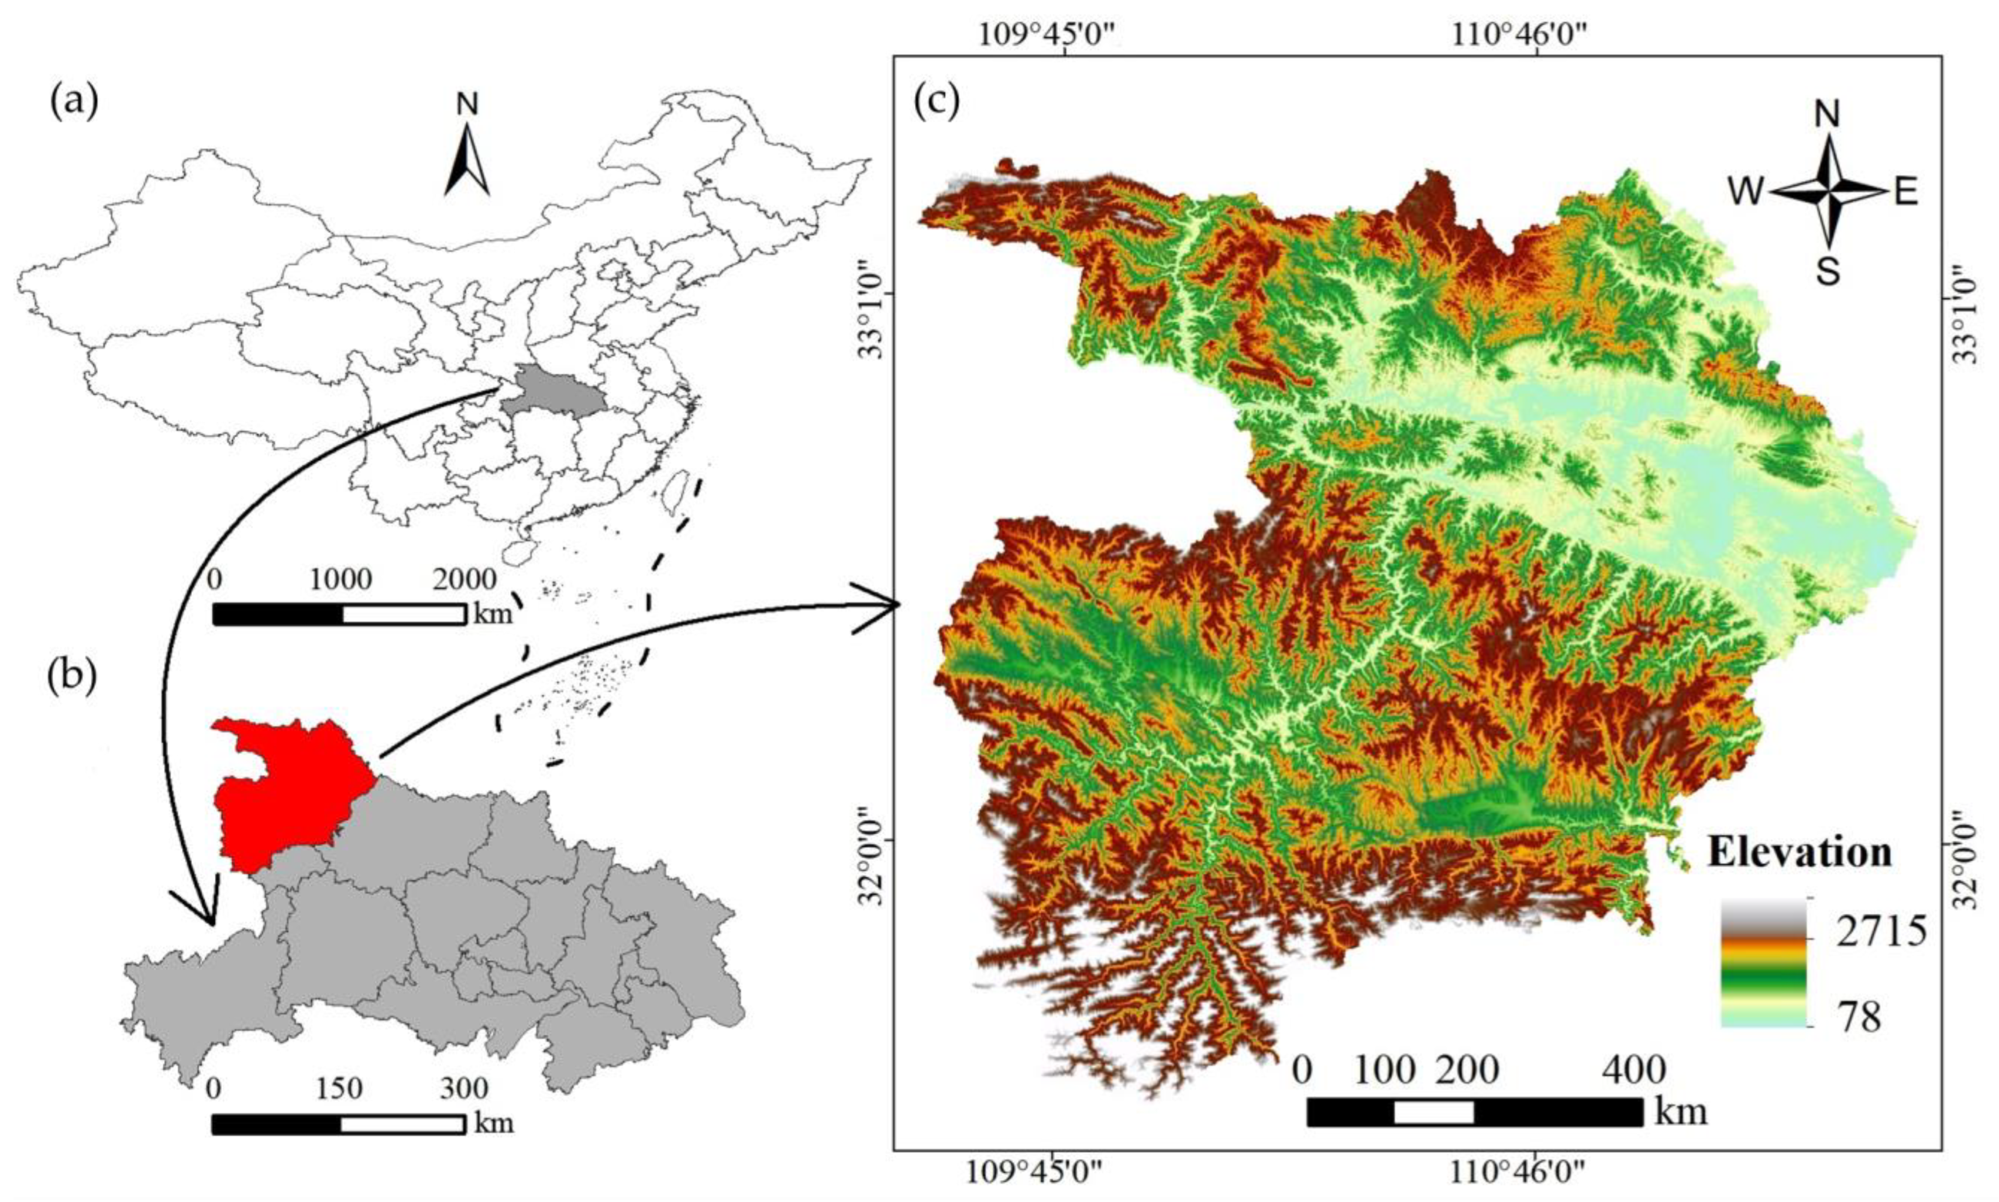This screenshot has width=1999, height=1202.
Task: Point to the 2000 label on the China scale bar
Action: (465, 580)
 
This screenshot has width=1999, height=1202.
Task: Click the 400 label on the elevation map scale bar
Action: (1633, 1071)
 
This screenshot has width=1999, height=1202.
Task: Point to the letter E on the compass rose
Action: (1906, 193)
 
